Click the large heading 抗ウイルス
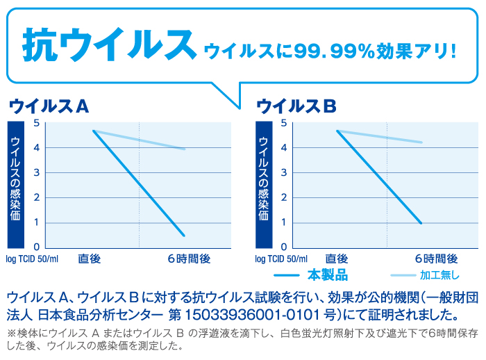click(x=107, y=44)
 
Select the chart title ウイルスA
click(x=49, y=106)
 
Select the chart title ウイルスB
click(x=296, y=106)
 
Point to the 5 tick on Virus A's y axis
click(x=37, y=123)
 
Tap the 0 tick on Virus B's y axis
click(x=285, y=247)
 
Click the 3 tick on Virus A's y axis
click(x=37, y=173)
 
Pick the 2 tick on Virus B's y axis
click(x=285, y=198)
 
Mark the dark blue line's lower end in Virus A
click(x=184, y=236)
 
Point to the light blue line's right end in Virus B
click(x=422, y=142)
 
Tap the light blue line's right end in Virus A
click(x=185, y=149)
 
